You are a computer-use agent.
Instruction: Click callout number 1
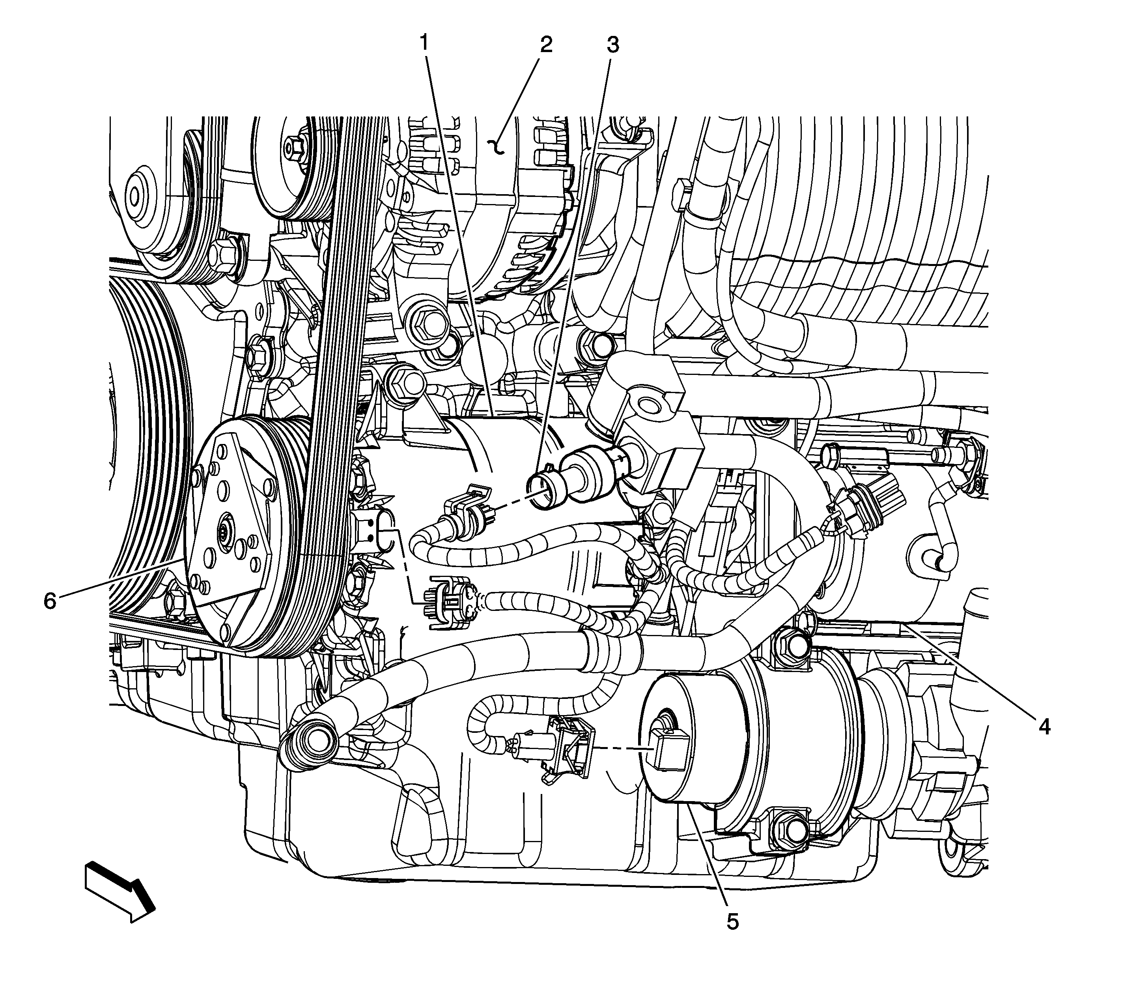[x=424, y=42]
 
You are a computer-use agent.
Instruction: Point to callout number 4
[x=1044, y=728]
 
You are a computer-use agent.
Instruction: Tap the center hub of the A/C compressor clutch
[x=225, y=532]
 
